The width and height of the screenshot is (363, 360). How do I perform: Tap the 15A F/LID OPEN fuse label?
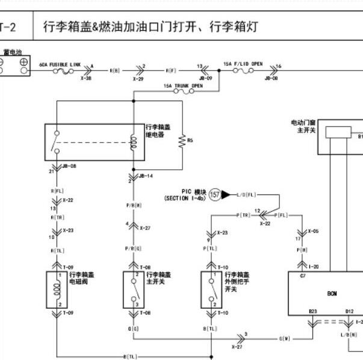pyautogui.click(x=243, y=63)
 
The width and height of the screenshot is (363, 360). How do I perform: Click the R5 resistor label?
pyautogui.click(x=190, y=140)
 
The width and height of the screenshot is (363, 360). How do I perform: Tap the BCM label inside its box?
pyautogui.click(x=332, y=293)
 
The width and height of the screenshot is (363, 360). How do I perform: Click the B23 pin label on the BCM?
pyautogui.click(x=313, y=311)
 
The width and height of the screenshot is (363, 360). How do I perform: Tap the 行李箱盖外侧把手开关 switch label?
pyautogui.click(x=238, y=281)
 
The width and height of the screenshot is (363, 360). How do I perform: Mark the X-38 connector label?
pyautogui.click(x=86, y=78)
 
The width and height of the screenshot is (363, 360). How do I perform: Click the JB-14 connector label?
pyautogui.click(x=146, y=176)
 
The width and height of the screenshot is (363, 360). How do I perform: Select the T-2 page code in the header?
pyautogui.click(x=7, y=27)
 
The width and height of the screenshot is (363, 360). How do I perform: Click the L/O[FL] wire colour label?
pyautogui.click(x=246, y=194)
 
